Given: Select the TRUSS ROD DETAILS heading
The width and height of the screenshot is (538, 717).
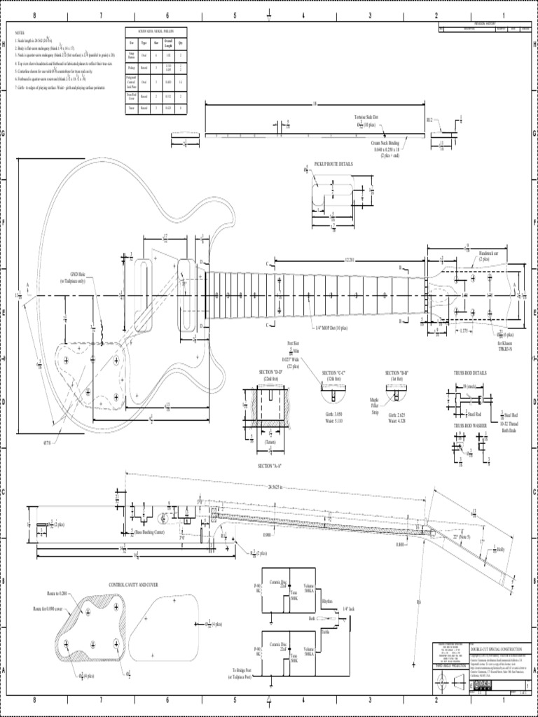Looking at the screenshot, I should [470, 373].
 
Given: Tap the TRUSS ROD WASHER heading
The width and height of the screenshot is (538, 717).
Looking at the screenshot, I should [469, 425].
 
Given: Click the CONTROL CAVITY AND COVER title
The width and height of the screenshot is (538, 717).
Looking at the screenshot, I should [135, 585].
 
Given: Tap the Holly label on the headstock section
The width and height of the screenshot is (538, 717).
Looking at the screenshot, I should [500, 549].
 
